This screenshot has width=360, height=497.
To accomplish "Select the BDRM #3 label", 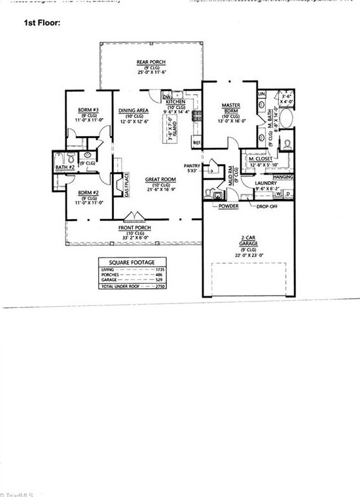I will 88,109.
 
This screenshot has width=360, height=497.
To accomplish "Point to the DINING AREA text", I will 134,111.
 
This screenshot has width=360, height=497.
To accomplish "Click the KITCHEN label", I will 175,103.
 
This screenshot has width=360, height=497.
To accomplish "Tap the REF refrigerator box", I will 196,141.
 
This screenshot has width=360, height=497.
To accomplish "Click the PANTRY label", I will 192,166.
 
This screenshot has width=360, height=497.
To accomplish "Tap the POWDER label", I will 228,206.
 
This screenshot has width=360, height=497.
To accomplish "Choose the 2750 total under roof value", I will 155,286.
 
